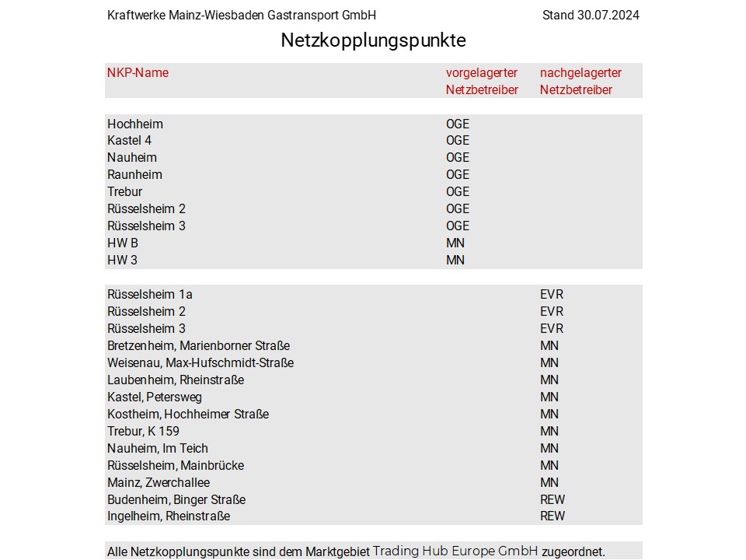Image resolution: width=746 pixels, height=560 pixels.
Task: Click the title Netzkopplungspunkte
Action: pos(373,40)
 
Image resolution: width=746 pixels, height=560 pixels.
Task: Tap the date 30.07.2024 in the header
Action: pos(608,16)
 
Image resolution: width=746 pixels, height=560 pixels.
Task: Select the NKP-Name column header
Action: pos(138,73)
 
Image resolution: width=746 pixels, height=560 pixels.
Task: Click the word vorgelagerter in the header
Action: pos(481,73)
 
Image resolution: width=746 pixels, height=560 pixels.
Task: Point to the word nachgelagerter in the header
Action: pos(580,73)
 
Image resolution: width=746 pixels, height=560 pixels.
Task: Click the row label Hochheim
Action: pos(135,124)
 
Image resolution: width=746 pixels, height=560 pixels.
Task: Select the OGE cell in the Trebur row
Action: pos(458,192)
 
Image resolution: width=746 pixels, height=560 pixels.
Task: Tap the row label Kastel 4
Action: pos(129,141)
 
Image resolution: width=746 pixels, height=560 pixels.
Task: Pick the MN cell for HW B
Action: pos(455,243)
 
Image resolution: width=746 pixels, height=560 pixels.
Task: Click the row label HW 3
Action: pos(122,260)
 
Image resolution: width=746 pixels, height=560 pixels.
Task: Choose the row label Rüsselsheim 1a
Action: pos(150,295)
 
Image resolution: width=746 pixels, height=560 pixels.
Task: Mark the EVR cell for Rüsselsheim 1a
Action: pos(552,295)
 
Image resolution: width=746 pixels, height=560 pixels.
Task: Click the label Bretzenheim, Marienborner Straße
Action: pos(198,346)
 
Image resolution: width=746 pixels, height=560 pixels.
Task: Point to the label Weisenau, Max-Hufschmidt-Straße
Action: pos(200,363)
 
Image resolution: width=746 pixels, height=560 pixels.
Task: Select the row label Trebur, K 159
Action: pos(144,431)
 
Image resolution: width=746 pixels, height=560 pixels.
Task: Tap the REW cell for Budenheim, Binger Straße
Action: pos(553,499)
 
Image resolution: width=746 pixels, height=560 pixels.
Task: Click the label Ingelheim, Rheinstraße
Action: pos(169,516)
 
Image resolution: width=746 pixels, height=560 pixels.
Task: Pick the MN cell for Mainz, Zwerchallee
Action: pos(549,482)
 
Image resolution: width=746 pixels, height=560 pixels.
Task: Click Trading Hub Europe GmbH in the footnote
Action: pos(455,551)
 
